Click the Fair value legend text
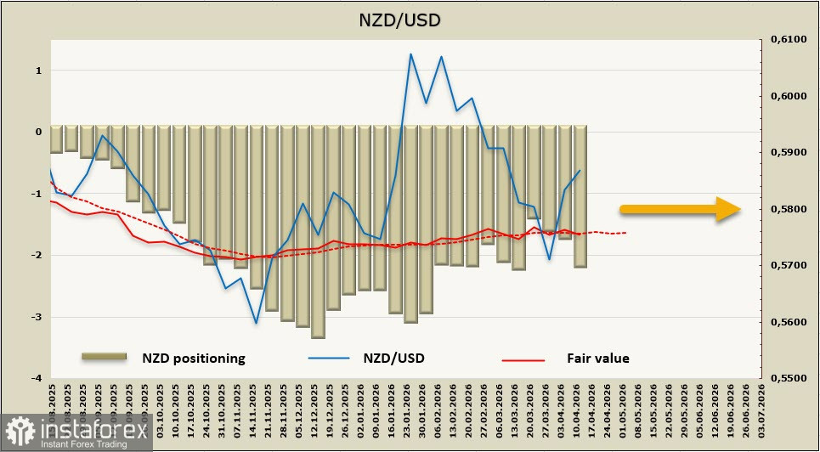point(597,359)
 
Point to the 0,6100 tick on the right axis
point(788,40)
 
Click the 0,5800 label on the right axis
point(788,209)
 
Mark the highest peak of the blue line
point(410,54)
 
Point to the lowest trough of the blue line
point(256,323)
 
